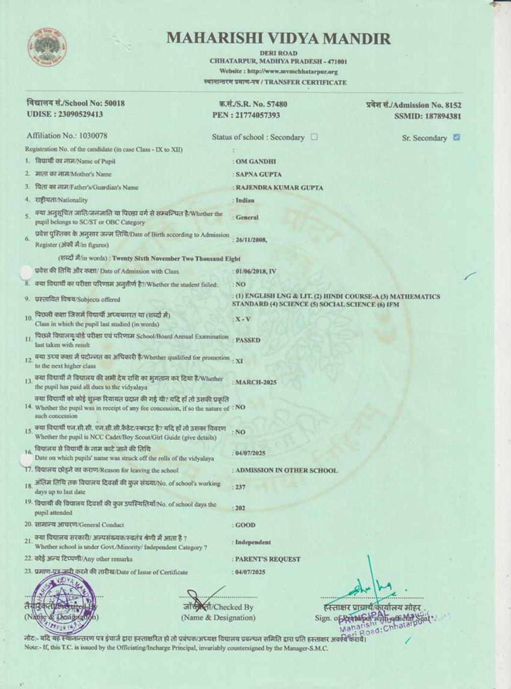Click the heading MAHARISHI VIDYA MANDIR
point(278,38)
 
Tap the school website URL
point(278,71)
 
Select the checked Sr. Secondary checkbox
point(456,137)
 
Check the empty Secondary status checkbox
point(314,137)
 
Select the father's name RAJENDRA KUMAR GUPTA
point(279,188)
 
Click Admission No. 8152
point(413,105)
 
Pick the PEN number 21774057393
point(246,115)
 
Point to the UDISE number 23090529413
point(65,114)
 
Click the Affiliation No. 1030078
point(67,136)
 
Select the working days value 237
point(240,487)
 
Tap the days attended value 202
point(240,508)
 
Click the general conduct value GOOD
point(245,525)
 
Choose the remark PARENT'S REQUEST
point(268,559)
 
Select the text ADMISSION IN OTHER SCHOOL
point(286,471)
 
